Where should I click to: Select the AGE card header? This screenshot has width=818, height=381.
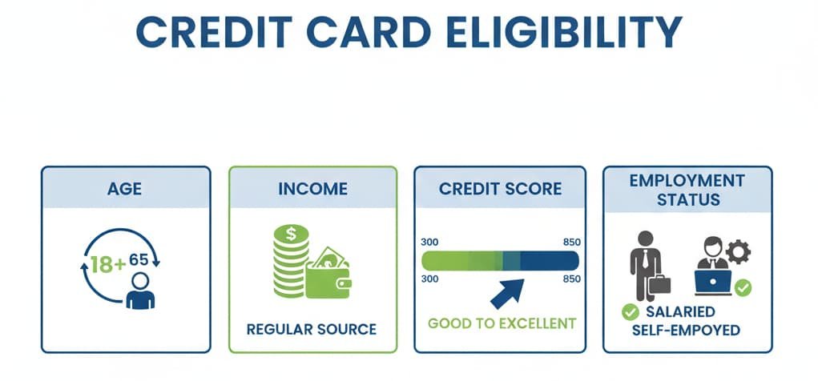point(124,189)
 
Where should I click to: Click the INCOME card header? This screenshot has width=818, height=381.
point(312,189)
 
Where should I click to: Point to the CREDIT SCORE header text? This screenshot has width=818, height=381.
point(500,189)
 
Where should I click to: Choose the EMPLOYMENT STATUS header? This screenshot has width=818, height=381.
point(687,190)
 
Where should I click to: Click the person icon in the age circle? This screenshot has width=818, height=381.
point(141,291)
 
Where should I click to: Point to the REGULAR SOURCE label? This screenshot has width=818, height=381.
point(311,329)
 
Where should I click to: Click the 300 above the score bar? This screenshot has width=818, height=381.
point(431,242)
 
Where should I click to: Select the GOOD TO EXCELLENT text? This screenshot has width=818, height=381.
point(502,324)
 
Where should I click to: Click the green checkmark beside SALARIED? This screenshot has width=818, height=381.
point(631,312)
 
